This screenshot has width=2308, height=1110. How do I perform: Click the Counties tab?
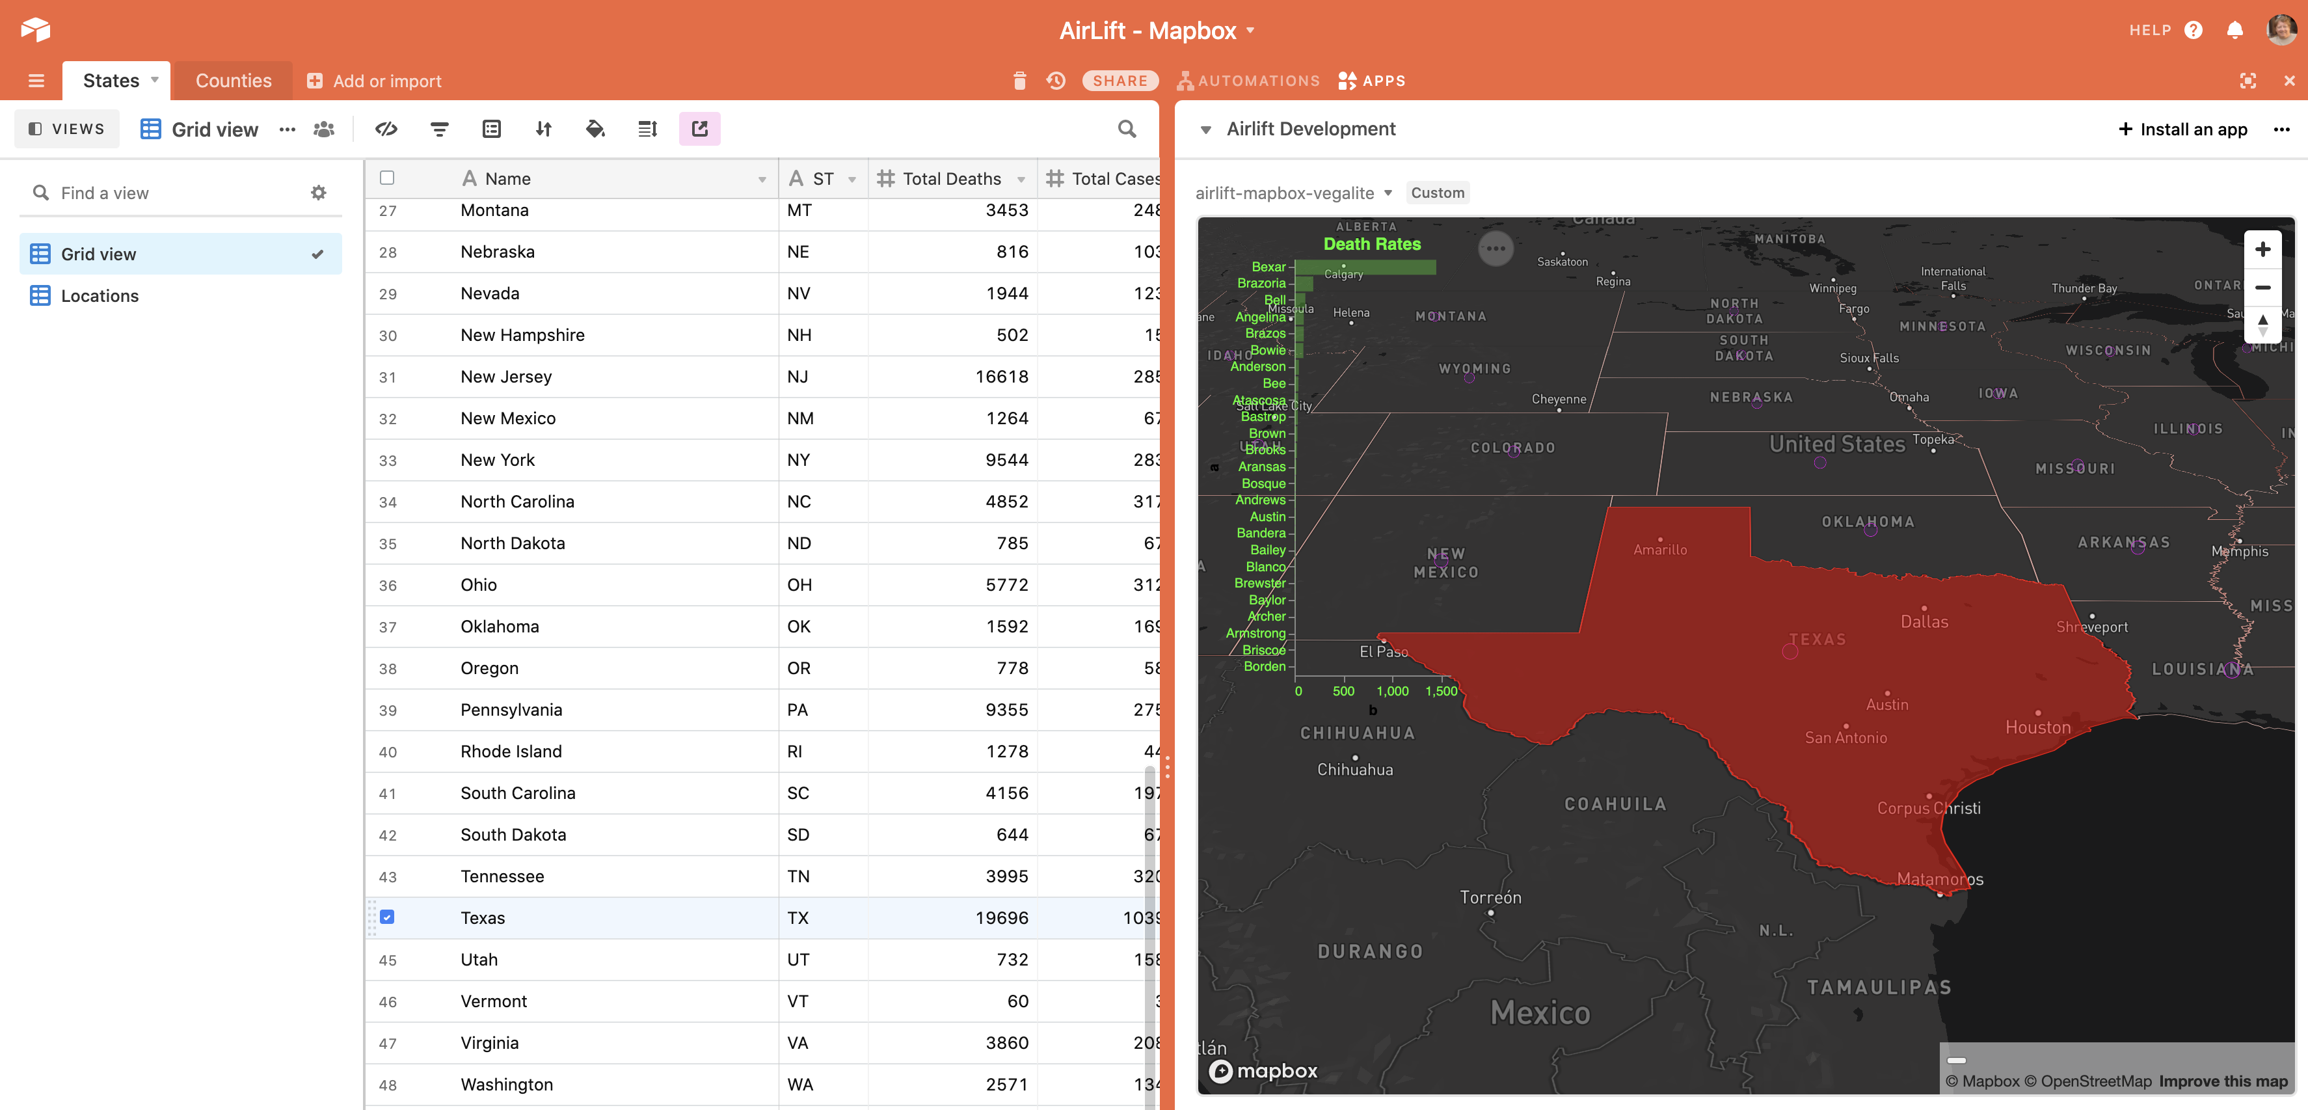pos(233,81)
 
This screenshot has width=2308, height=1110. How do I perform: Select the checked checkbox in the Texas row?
pos(387,917)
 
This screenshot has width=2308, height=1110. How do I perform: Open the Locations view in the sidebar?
pos(100,295)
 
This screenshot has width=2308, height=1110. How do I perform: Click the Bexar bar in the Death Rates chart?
pos(1365,267)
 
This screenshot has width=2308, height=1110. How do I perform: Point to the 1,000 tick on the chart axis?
pos(1392,691)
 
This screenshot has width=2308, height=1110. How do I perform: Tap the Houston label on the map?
pos(2037,727)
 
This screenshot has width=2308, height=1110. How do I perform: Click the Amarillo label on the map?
pos(1659,550)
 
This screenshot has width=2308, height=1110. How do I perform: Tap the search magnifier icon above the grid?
pos(1126,129)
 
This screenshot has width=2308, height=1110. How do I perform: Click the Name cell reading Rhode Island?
pos(511,751)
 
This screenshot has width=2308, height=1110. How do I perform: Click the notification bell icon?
pos(2234,29)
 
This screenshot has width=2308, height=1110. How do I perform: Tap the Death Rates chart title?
pos(1372,244)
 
